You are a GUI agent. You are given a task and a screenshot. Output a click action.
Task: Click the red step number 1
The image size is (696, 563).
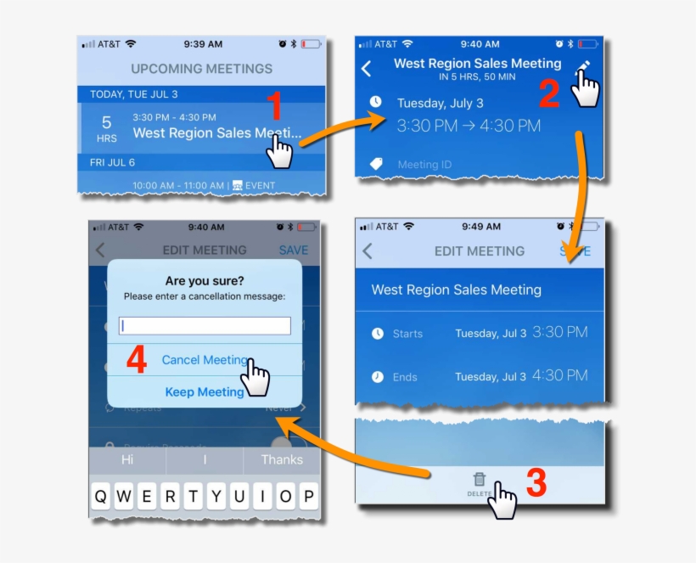pos(274,108)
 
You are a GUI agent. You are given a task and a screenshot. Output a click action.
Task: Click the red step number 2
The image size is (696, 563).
pos(549,93)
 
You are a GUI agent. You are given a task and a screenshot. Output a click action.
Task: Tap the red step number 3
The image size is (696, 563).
pos(536,483)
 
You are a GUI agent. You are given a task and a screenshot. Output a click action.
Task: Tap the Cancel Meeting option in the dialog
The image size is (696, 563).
pos(205,360)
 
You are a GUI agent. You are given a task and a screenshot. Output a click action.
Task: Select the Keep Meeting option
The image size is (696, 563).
pos(205,392)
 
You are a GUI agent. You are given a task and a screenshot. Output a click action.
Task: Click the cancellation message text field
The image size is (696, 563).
pos(205,326)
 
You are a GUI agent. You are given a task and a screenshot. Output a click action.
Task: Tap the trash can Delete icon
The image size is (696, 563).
pos(480,480)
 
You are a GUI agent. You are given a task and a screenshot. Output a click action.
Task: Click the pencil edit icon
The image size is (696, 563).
pos(584,67)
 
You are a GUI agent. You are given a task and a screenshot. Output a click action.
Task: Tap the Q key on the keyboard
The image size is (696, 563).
pos(101,497)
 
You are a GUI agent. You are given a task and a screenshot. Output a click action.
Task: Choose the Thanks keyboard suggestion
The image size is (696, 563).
pos(281,459)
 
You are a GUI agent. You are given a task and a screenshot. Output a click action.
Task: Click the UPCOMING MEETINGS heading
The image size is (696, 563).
pos(201,69)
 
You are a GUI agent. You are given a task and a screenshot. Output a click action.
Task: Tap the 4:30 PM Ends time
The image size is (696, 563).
pos(559,375)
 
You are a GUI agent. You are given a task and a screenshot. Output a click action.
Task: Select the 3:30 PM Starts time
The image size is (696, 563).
pos(559,332)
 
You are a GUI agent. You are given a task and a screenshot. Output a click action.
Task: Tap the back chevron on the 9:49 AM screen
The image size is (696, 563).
pos(368,251)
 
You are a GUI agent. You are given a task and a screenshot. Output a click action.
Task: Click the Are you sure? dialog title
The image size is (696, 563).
pos(204,281)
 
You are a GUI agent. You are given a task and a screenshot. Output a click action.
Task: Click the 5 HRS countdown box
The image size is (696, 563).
pos(107,128)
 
